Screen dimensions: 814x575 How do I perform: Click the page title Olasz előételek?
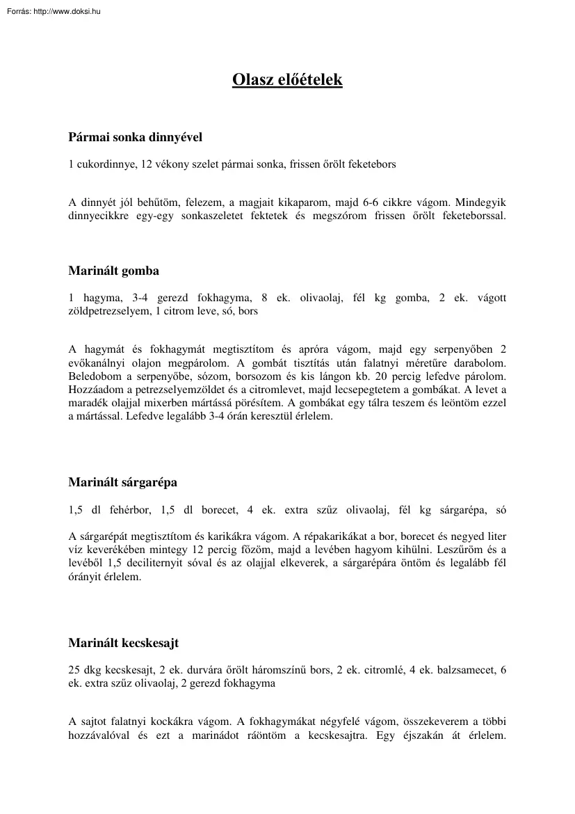pyautogui.click(x=287, y=80)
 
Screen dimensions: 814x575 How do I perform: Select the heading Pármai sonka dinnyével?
pyautogui.click(x=135, y=137)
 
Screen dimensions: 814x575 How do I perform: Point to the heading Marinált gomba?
pyautogui.click(x=113, y=271)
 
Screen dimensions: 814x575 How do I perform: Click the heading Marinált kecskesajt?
pyautogui.click(x=123, y=643)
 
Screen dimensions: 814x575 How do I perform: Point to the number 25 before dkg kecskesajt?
pyautogui.click(x=74, y=670)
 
